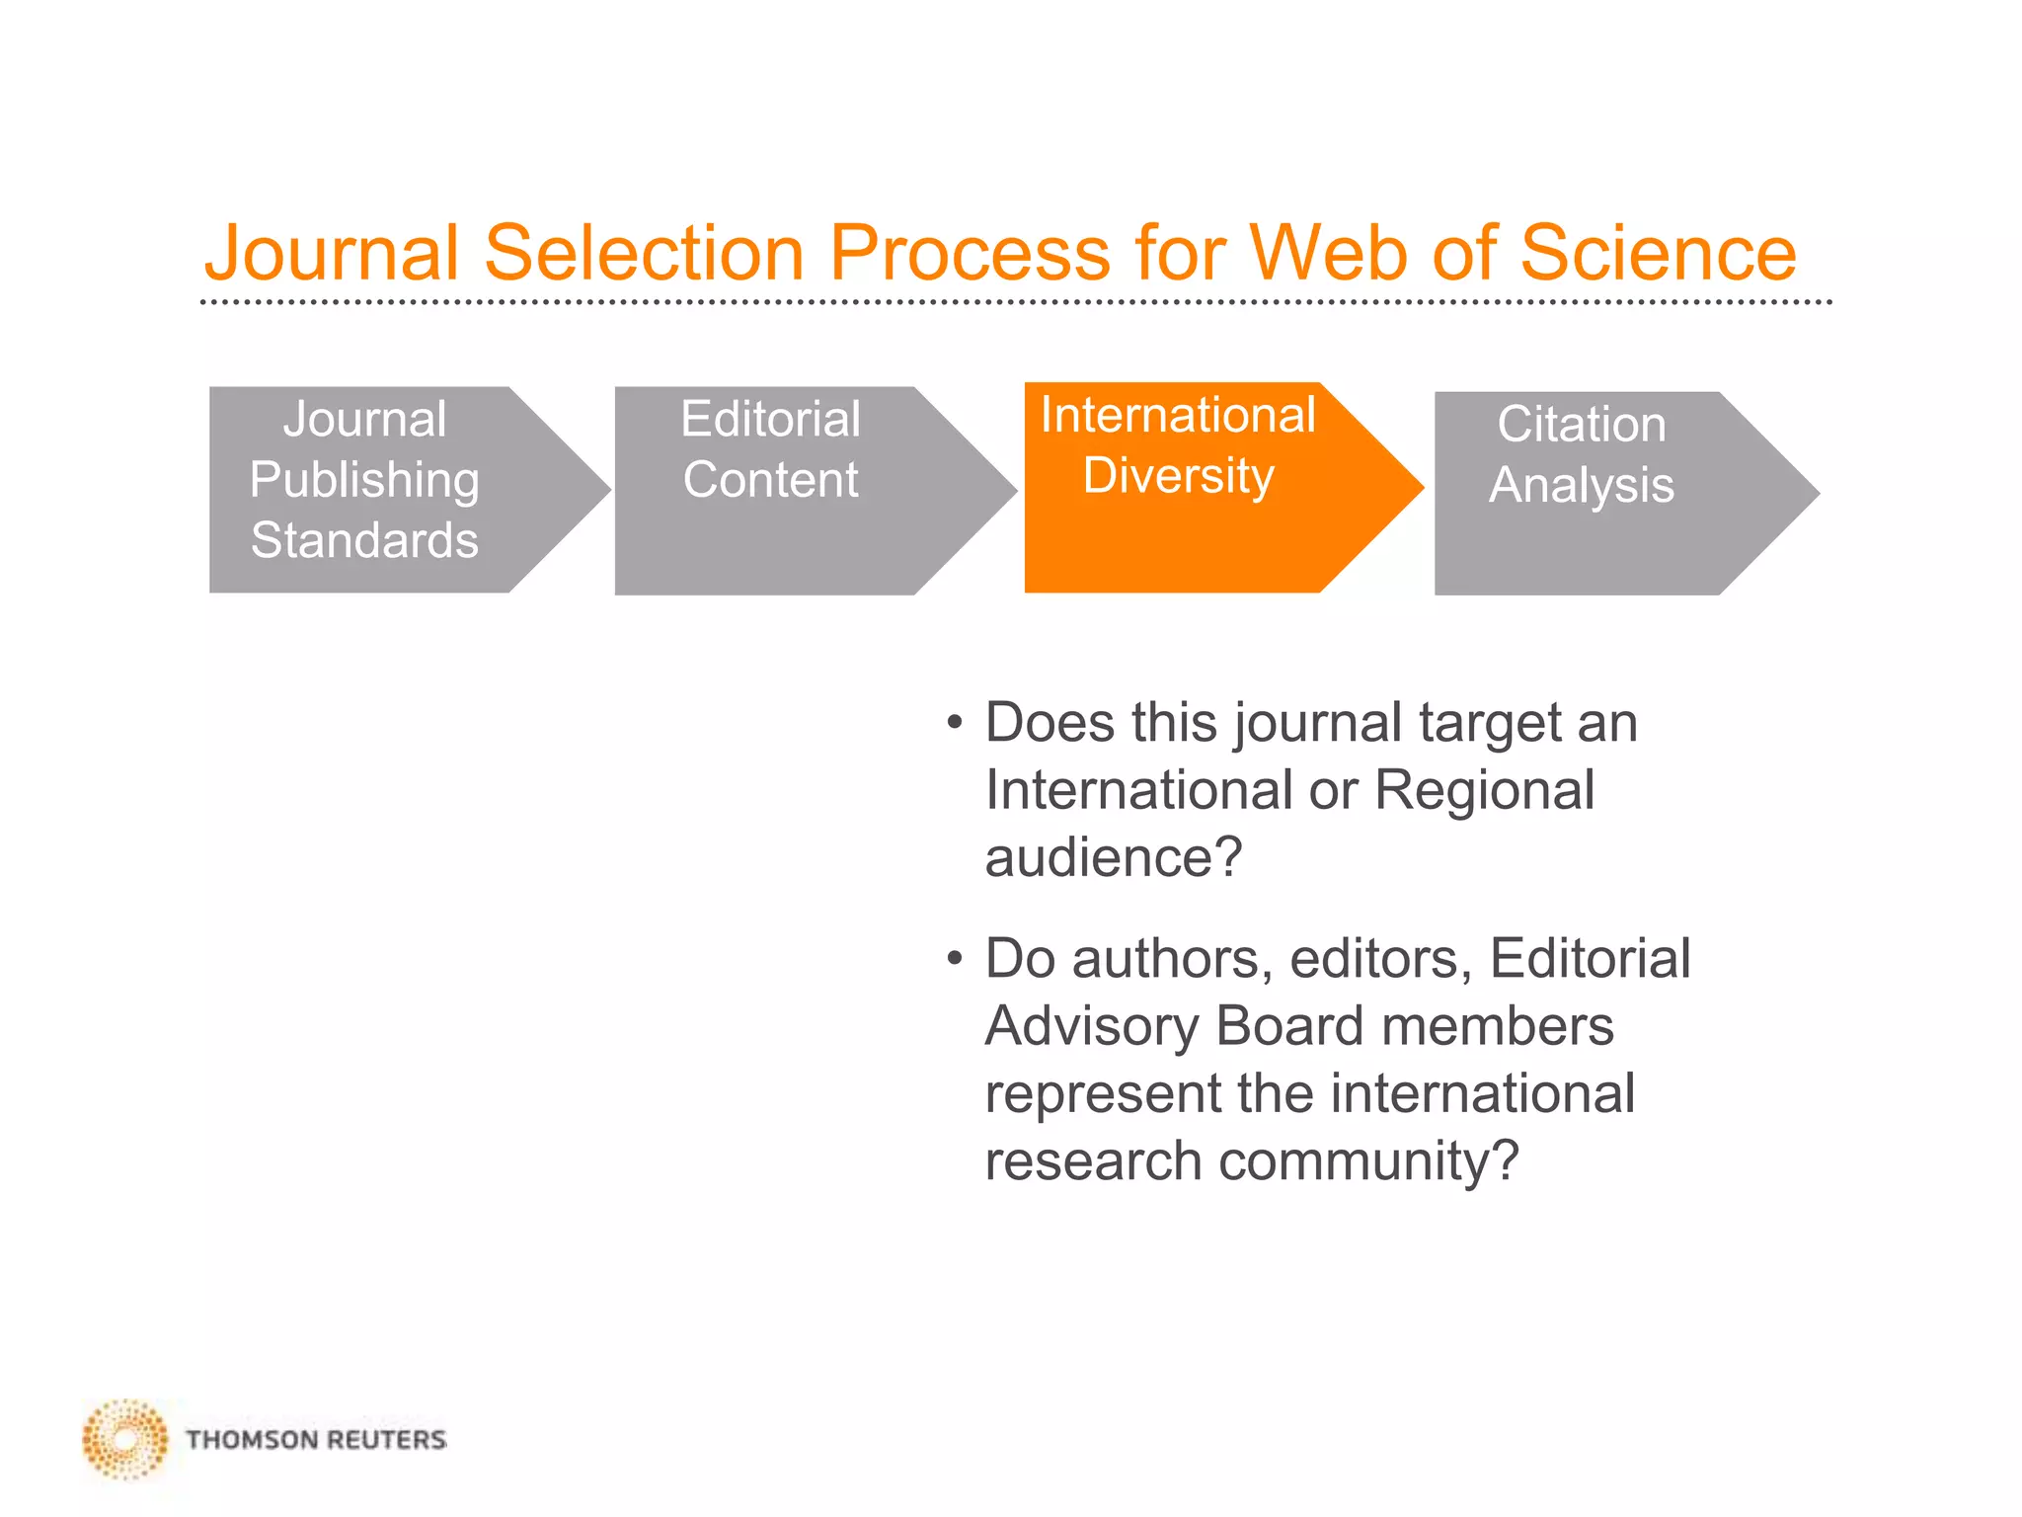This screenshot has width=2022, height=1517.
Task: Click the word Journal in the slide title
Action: pos(332,253)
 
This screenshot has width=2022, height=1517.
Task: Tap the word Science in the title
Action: pos(1658,253)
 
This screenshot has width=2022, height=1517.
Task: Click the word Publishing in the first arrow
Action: pos(364,481)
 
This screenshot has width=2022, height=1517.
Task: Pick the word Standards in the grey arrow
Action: pos(364,540)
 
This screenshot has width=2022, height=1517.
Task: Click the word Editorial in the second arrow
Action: pos(770,419)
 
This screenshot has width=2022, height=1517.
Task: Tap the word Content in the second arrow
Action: pos(770,480)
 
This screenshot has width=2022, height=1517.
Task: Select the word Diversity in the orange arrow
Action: pos(1178,476)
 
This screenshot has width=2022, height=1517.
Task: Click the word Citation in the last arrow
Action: pos(1581,425)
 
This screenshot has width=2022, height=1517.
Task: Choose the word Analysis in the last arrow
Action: pos(1581,485)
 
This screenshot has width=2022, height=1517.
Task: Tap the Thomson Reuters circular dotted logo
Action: pos(125,1439)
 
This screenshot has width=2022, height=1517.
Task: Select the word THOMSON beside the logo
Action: pos(251,1440)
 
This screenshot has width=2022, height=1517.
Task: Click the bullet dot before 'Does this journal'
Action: pos(953,723)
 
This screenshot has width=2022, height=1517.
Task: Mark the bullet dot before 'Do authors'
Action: pos(953,959)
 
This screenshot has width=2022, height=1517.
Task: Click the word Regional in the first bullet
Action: pos(1484,790)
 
